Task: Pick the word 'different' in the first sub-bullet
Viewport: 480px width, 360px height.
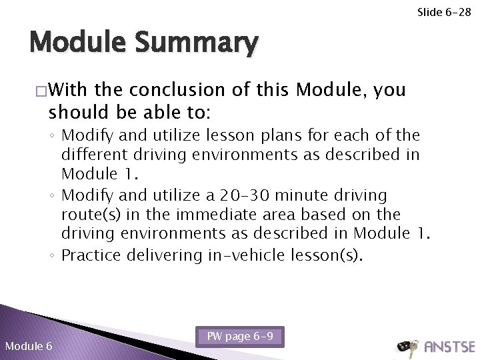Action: (x=94, y=155)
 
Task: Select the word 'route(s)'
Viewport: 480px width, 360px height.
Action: (x=87, y=216)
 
